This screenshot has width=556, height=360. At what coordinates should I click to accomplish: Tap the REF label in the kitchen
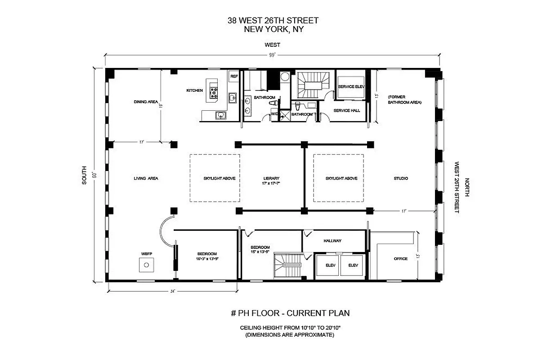(x=234, y=76)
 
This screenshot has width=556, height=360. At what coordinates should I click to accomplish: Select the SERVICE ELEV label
(x=351, y=86)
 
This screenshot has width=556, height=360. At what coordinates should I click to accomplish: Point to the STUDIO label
(x=401, y=178)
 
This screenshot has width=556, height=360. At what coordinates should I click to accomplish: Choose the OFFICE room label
(x=400, y=259)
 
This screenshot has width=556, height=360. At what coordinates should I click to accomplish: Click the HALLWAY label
(x=332, y=241)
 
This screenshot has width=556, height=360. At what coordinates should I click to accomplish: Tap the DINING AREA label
(x=145, y=102)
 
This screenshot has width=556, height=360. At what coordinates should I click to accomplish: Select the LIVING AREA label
(x=146, y=178)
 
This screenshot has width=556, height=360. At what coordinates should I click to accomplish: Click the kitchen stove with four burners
(x=213, y=93)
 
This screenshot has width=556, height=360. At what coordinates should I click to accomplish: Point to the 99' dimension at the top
(x=272, y=55)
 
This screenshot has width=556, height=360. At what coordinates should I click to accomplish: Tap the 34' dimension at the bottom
(x=172, y=291)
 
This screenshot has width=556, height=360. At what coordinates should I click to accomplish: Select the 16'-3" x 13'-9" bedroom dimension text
(x=207, y=259)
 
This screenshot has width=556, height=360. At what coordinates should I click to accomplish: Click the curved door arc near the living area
(x=165, y=229)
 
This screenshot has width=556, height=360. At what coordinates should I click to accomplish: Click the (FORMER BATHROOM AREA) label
(x=404, y=99)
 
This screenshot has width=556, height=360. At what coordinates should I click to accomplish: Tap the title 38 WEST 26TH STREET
(x=273, y=21)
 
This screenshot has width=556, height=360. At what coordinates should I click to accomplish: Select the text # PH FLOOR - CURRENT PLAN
(x=290, y=313)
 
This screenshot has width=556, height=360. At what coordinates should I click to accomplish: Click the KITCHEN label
(x=194, y=90)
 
